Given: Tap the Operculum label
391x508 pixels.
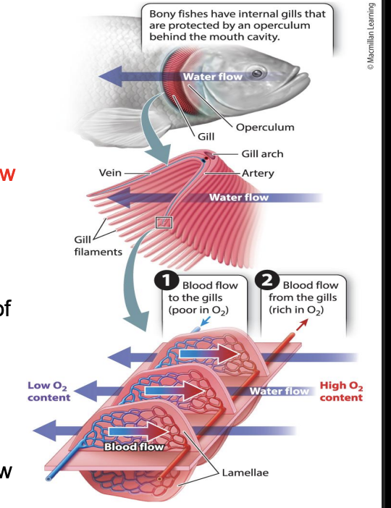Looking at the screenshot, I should (265, 127).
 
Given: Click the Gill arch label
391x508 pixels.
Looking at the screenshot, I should (262, 154).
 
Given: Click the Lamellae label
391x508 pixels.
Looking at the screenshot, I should (245, 473).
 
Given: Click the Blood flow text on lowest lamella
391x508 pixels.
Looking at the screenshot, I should (135, 446).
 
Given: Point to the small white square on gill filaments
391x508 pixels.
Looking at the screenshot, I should (164, 221).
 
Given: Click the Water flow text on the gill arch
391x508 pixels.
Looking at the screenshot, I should (238, 197).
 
